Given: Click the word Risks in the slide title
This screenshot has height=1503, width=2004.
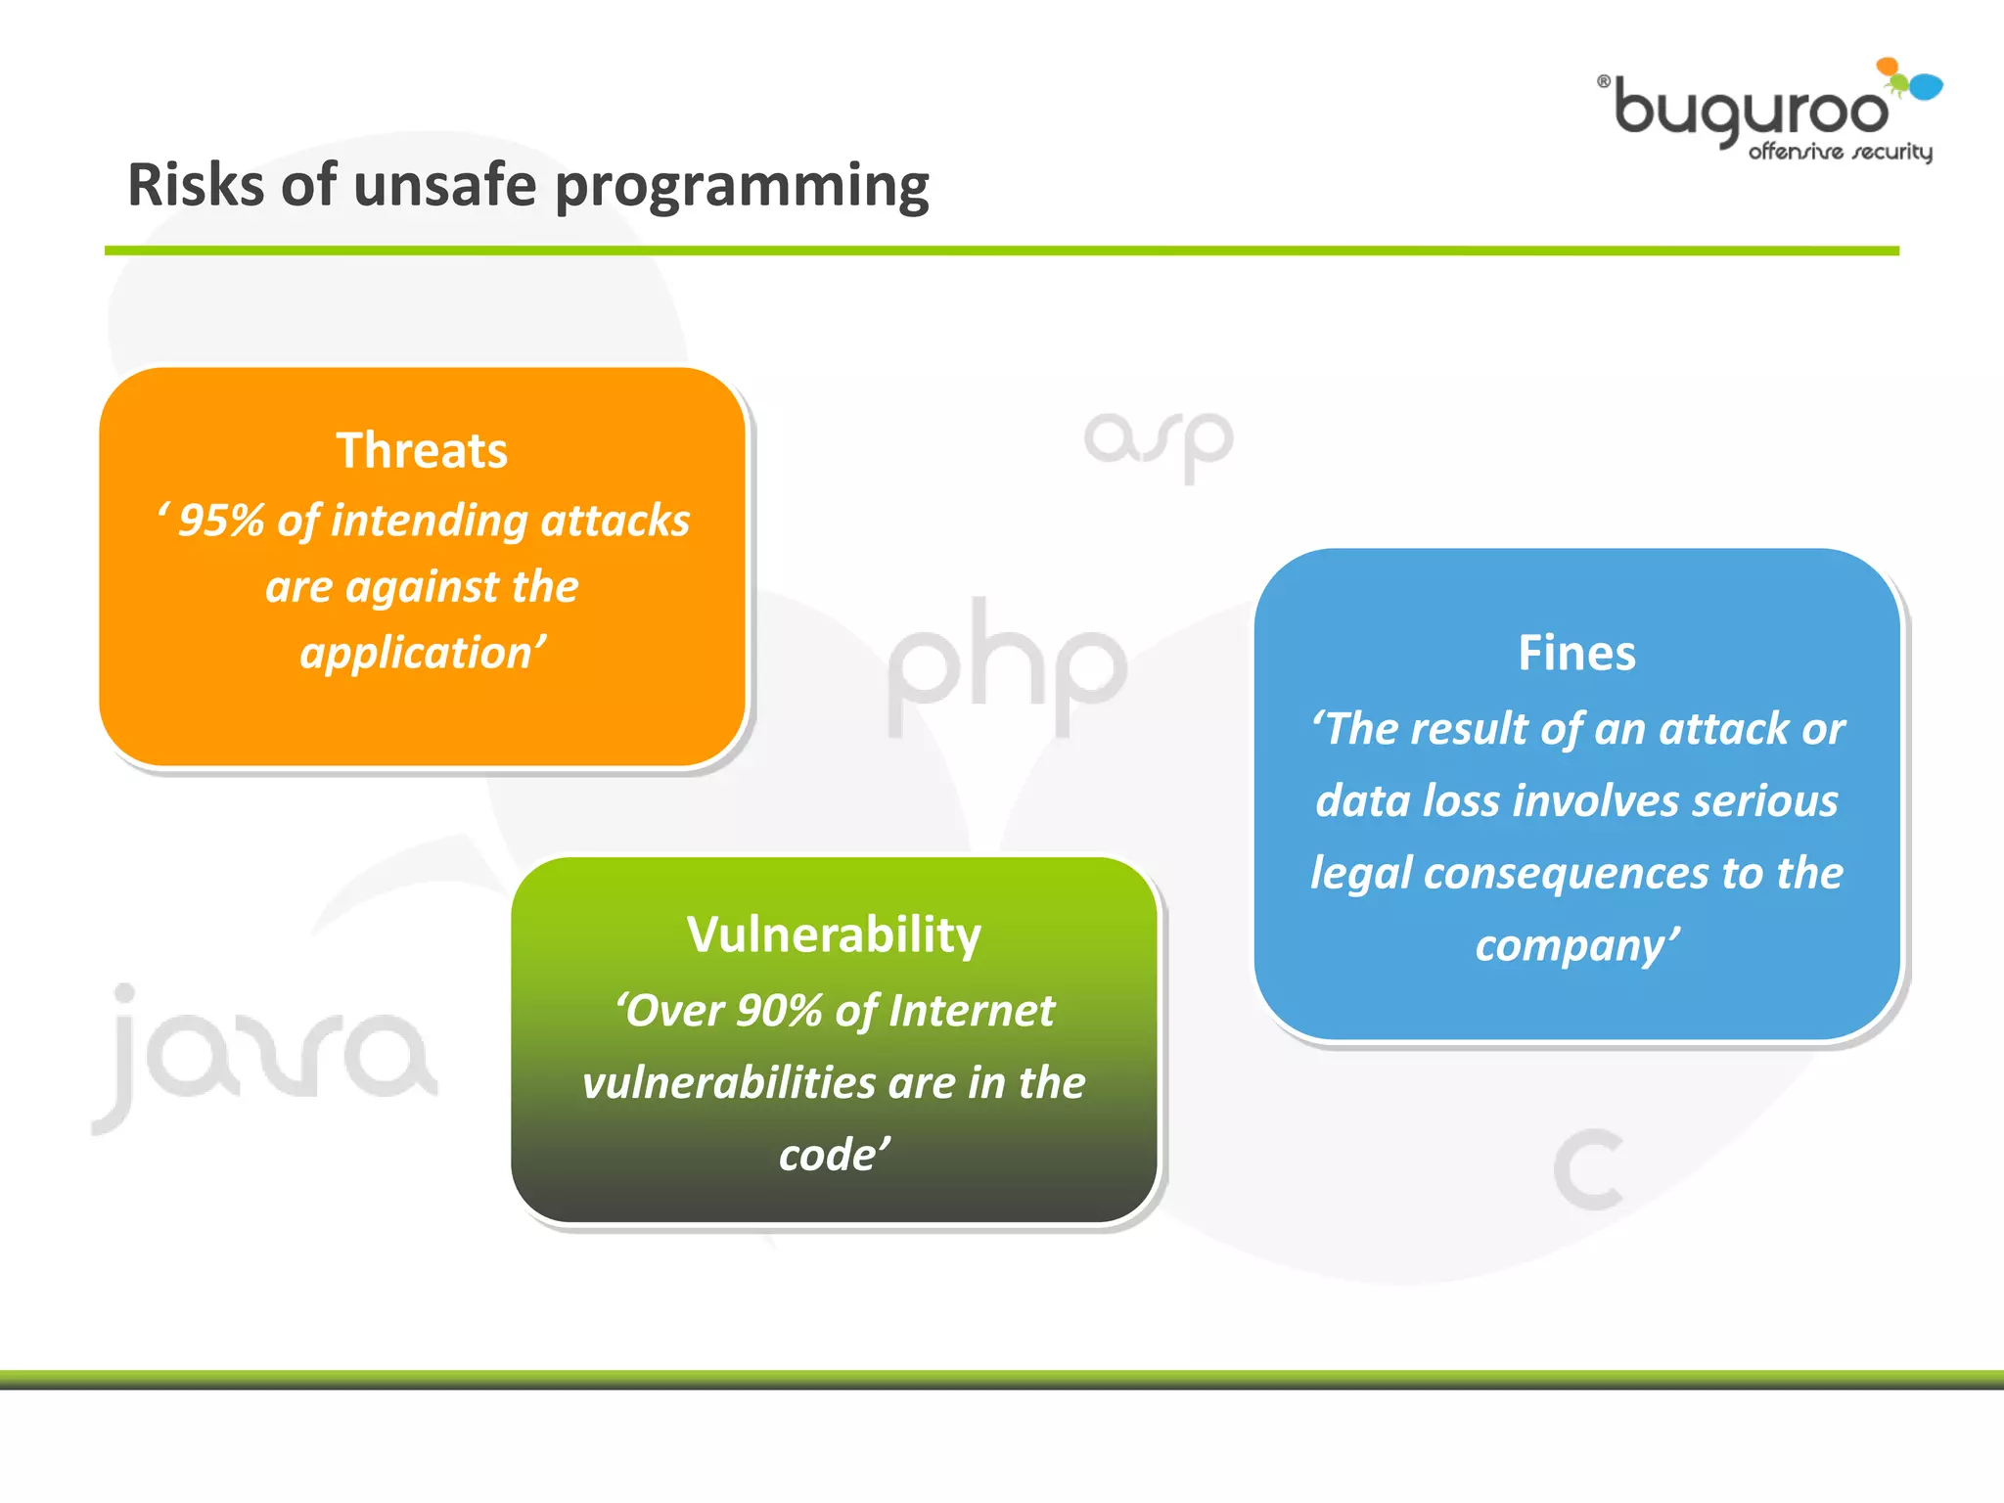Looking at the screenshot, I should pyautogui.click(x=195, y=185).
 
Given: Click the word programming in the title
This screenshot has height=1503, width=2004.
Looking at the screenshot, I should pyautogui.click(x=742, y=187).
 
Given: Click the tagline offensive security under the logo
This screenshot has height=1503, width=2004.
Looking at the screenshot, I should pyautogui.click(x=1840, y=152).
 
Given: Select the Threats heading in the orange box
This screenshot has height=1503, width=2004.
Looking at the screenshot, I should pyautogui.click(x=422, y=450).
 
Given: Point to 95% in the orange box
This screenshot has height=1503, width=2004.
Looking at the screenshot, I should pyautogui.click(x=221, y=521).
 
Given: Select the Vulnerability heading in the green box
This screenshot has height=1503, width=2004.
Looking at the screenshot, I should pyautogui.click(x=834, y=934).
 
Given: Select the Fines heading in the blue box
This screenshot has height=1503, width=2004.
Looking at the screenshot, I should pyautogui.click(x=1576, y=653).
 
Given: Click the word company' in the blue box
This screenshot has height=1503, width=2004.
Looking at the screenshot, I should pyautogui.click(x=1576, y=945).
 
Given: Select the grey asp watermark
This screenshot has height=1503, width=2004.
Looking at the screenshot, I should pyautogui.click(x=1159, y=443).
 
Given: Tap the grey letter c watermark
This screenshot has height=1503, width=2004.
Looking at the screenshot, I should pyautogui.click(x=1588, y=1168).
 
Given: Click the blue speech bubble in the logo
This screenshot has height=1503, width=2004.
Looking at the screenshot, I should pyautogui.click(x=1926, y=86).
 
